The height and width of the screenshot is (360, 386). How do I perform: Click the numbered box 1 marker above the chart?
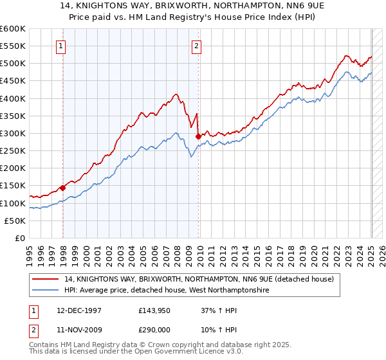[x=60, y=46]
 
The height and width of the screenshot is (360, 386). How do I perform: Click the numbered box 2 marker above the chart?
[x=196, y=46]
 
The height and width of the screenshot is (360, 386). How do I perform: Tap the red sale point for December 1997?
[x=63, y=188]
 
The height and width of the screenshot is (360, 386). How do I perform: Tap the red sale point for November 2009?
[x=198, y=136]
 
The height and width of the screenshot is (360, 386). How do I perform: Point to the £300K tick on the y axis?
[x=14, y=133]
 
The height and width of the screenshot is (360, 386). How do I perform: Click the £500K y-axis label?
[x=14, y=63]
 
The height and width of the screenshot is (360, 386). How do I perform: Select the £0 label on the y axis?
[x=19, y=238]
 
